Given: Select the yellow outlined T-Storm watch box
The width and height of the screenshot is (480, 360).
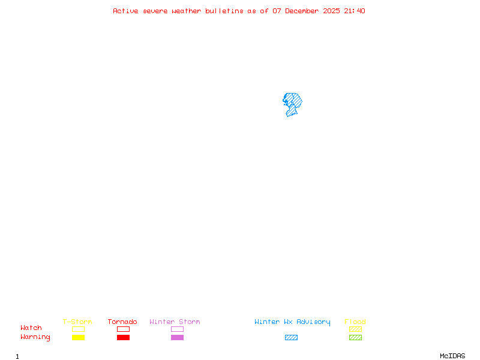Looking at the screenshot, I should (78, 329).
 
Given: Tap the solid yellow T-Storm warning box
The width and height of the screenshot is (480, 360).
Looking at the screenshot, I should (78, 337).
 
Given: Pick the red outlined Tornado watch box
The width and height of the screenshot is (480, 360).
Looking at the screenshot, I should (123, 329).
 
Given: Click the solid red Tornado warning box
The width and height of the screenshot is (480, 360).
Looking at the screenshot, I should (123, 337).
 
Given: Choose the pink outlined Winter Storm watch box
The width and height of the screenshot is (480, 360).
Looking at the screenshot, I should (177, 329).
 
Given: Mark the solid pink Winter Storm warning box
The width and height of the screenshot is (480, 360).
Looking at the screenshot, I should (177, 337).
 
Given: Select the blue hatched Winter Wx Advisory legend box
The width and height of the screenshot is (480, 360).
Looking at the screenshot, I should (291, 337).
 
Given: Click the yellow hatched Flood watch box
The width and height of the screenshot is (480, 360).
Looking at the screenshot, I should (355, 329).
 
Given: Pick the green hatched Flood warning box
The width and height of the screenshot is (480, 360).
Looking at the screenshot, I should (355, 337).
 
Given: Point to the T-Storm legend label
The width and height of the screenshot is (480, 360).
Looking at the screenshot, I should (77, 322).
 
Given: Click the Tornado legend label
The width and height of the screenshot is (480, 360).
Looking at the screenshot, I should (122, 322).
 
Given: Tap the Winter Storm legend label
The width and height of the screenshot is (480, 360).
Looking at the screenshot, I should (175, 322).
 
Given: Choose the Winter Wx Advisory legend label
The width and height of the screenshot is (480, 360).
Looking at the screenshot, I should (292, 322).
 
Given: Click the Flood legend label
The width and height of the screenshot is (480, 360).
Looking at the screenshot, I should (355, 322).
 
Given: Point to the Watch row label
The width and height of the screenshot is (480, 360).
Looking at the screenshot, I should (31, 328).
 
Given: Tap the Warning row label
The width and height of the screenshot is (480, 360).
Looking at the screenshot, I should (35, 337).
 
